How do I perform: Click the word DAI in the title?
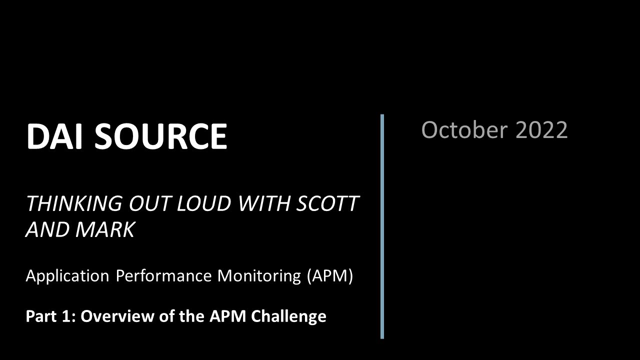coord(55,136)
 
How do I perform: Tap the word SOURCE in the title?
coord(160,136)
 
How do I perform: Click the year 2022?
coord(541,130)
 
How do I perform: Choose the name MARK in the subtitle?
coord(108,230)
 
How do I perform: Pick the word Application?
coord(67,276)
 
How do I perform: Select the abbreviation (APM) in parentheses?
coord(330,276)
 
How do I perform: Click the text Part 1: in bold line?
coord(50,316)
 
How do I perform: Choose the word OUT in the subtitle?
coord(145,204)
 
